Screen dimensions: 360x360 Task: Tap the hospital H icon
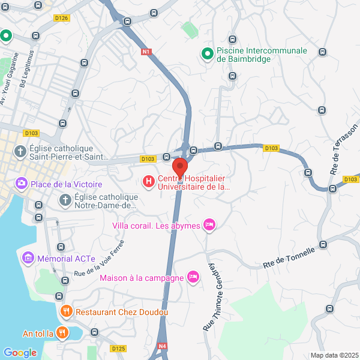[x=148, y=181]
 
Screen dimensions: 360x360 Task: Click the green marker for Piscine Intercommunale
[x=207, y=54]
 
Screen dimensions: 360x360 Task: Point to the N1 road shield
[x=146, y=52]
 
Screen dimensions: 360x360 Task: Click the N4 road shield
[x=162, y=346]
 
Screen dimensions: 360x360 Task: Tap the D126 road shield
[x=62, y=18]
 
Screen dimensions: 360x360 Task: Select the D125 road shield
[x=118, y=348]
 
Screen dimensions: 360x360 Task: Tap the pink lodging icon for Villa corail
[x=209, y=225]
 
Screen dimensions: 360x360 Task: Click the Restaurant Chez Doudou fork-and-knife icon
[x=66, y=311]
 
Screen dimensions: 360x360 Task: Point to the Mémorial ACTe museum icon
[x=27, y=259]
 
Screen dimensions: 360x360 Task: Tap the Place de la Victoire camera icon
[x=22, y=183]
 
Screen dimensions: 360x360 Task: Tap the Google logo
[x=20, y=353]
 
